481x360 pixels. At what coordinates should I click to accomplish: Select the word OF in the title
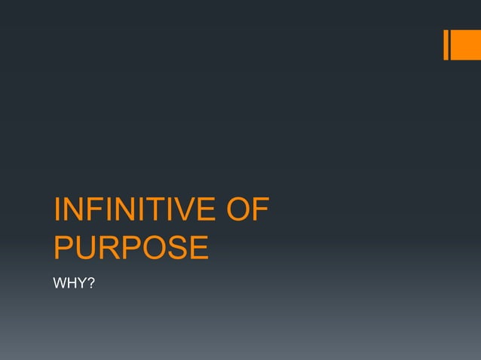[247, 210]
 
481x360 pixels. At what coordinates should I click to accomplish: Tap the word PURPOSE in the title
[131, 248]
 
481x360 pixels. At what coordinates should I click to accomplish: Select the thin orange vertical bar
[446, 44]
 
